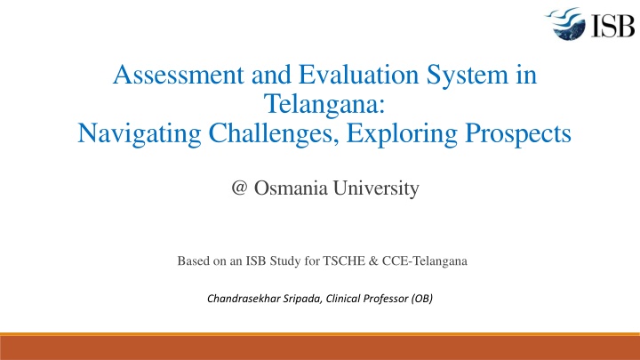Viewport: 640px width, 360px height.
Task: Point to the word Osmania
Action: [x=287, y=188]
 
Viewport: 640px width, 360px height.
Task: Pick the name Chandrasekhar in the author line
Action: [x=244, y=299]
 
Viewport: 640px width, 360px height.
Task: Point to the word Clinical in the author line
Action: [x=348, y=299]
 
